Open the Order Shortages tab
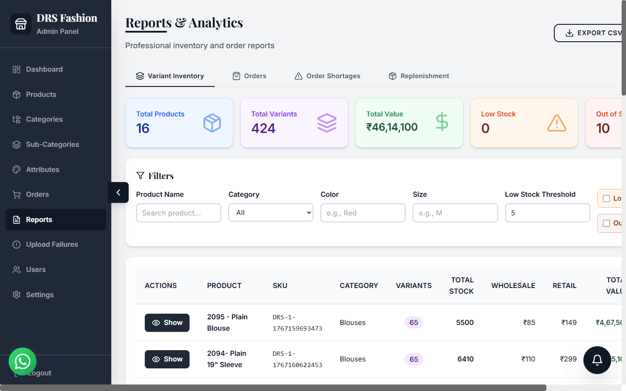coord(328,76)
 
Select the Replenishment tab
coord(419,76)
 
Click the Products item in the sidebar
coord(41,94)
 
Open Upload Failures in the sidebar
coord(52,245)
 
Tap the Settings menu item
coord(40,295)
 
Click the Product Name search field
coord(178,213)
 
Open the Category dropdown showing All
coord(270,213)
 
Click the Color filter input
coord(363,213)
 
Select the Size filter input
coord(455,213)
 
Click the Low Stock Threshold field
coord(547,213)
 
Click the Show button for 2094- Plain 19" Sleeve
coord(167,359)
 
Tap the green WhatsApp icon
coord(23,361)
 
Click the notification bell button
coord(597,360)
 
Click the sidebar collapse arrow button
coord(118,192)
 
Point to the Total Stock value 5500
coord(465,322)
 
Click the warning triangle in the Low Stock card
coord(556,123)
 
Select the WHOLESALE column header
coord(513,285)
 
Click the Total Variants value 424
coord(263,129)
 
